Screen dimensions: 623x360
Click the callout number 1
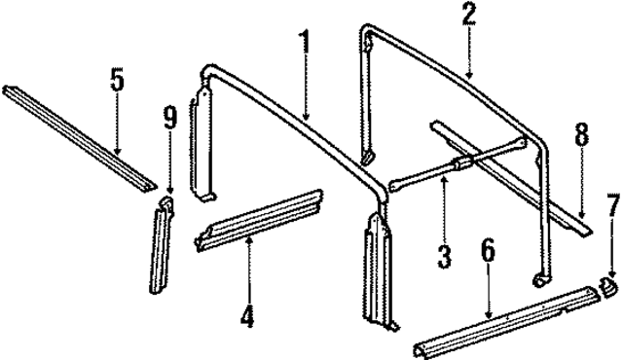pyautogui.click(x=305, y=42)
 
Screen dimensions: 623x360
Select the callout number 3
pyautogui.click(x=444, y=257)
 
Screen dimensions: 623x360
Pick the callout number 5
pyautogui.click(x=117, y=79)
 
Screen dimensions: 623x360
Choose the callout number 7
pyautogui.click(x=613, y=205)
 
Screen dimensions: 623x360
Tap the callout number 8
pyautogui.click(x=581, y=133)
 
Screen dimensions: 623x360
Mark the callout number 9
pyautogui.click(x=169, y=118)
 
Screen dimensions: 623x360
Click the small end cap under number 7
pyautogui.click(x=608, y=286)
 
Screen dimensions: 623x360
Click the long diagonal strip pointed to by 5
pyautogui.click(x=80, y=138)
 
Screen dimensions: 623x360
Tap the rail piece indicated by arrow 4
pyautogui.click(x=258, y=220)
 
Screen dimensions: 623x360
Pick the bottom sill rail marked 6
pyautogui.click(x=506, y=321)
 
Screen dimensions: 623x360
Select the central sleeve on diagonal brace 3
pyautogui.click(x=461, y=163)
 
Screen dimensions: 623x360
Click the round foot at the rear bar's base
pyautogui.click(x=541, y=279)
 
